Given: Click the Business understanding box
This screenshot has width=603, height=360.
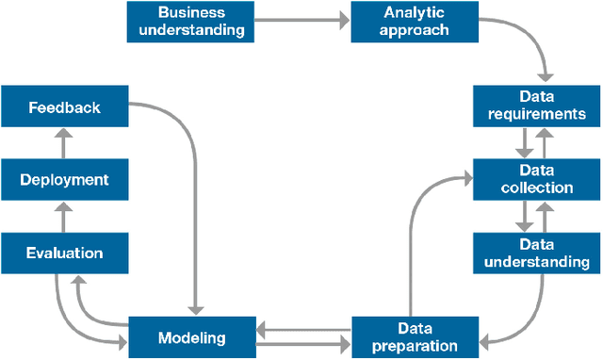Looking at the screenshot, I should [190, 22].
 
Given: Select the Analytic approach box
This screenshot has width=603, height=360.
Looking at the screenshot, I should [414, 22].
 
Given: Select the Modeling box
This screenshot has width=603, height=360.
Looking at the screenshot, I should [190, 336].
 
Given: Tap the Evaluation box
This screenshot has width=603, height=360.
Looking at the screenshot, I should [64, 253].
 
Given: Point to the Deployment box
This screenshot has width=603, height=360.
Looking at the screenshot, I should [64, 179].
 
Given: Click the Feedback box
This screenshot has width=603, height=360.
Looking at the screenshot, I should [64, 106].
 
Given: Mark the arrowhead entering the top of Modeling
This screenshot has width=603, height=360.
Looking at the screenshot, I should [195, 310].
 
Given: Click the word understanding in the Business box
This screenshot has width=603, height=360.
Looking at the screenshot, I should [190, 30].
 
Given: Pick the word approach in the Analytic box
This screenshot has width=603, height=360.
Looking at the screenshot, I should [414, 30].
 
